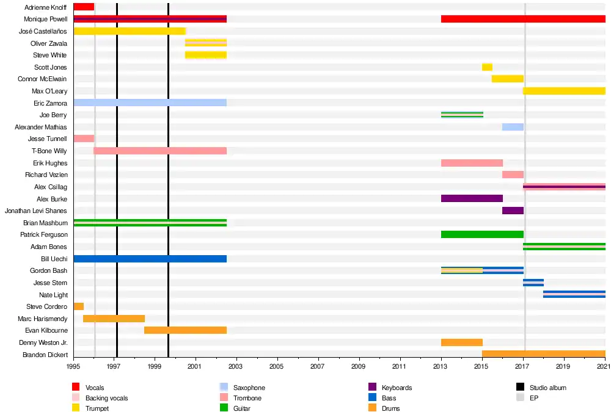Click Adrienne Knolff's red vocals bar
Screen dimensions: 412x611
click(84, 7)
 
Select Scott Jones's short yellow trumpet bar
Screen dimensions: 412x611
click(487, 67)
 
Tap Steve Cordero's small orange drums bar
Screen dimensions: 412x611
click(78, 306)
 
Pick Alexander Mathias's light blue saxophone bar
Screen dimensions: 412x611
click(513, 127)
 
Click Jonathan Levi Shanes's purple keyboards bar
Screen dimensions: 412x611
click(513, 211)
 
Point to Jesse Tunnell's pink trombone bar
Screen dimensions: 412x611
click(84, 139)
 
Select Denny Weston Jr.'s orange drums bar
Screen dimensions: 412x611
click(461, 342)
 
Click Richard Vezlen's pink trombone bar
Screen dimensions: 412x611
click(513, 175)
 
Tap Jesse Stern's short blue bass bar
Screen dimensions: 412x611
click(533, 283)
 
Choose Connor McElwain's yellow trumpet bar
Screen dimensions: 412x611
click(507, 79)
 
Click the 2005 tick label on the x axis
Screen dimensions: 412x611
click(277, 367)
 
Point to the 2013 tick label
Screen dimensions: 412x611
click(441, 367)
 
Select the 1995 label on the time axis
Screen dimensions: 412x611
click(73, 367)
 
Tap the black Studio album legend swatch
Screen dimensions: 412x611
click(520, 388)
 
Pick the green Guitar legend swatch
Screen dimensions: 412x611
click(223, 408)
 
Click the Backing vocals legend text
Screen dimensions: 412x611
click(106, 398)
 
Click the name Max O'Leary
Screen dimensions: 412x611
click(49, 91)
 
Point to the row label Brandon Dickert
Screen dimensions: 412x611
click(45, 355)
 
